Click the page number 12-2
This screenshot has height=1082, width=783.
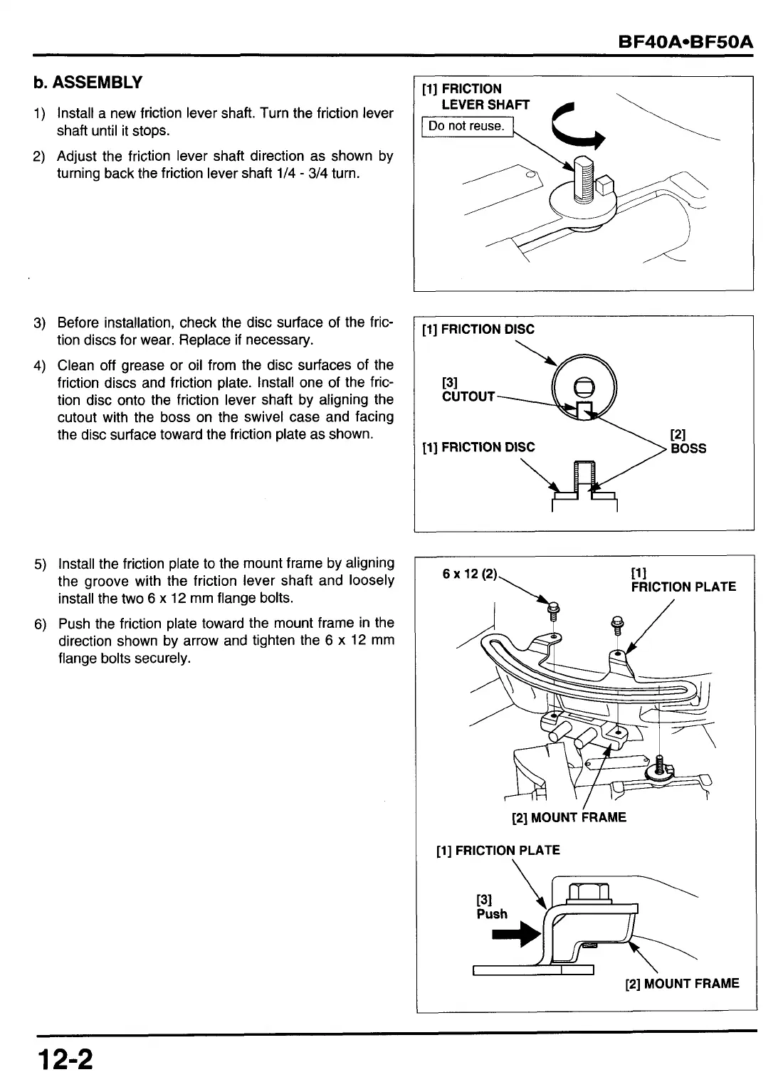pos(65,1059)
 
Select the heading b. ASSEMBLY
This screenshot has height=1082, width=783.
pos(88,83)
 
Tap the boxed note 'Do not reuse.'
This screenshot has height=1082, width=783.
pos(466,127)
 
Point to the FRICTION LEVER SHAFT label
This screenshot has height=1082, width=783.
pos(475,97)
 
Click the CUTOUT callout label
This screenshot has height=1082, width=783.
pos(468,396)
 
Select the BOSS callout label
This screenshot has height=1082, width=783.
pos(688,448)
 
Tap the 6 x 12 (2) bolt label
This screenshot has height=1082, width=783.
pos(469,574)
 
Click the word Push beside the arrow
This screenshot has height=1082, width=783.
pos(492,914)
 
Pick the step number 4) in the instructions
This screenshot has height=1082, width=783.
pos(40,366)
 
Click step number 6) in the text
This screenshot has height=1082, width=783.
pos(40,624)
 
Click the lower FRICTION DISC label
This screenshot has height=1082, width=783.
pos(478,447)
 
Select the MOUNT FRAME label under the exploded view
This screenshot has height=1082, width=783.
pos(569,817)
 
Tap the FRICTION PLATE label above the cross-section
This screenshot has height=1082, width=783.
pos(498,850)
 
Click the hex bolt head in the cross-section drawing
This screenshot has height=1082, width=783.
pos(588,892)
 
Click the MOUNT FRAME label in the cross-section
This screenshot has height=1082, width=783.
pos(682,984)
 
